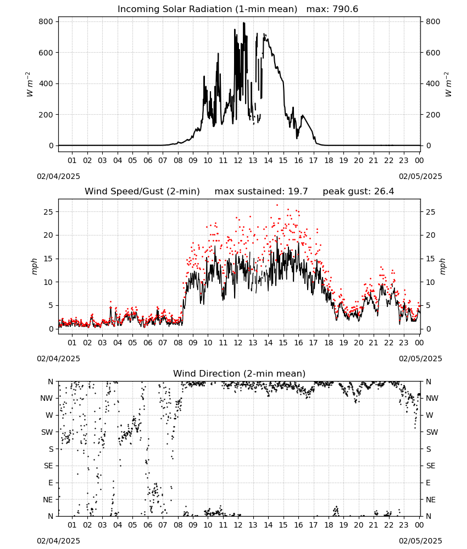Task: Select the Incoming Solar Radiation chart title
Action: coord(207,9)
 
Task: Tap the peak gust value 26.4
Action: coord(383,192)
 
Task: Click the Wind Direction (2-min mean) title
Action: coord(240,373)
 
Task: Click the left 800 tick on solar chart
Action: coord(46,22)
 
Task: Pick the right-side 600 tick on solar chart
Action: coord(433,53)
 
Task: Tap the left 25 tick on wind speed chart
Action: coord(48,212)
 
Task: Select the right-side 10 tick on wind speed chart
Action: coord(430,282)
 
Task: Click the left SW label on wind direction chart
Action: coord(47,433)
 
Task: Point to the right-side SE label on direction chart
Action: coord(431,466)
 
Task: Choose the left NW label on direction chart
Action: coord(47,399)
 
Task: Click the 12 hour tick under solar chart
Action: coord(238,161)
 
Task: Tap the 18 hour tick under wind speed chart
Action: coord(329,343)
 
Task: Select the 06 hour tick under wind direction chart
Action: coord(148,525)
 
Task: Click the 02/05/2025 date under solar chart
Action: coord(420,176)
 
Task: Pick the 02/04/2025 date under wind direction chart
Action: coord(58,541)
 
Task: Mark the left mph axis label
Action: coord(34,266)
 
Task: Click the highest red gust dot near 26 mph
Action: coord(277,205)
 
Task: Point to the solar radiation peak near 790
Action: coord(244,23)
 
